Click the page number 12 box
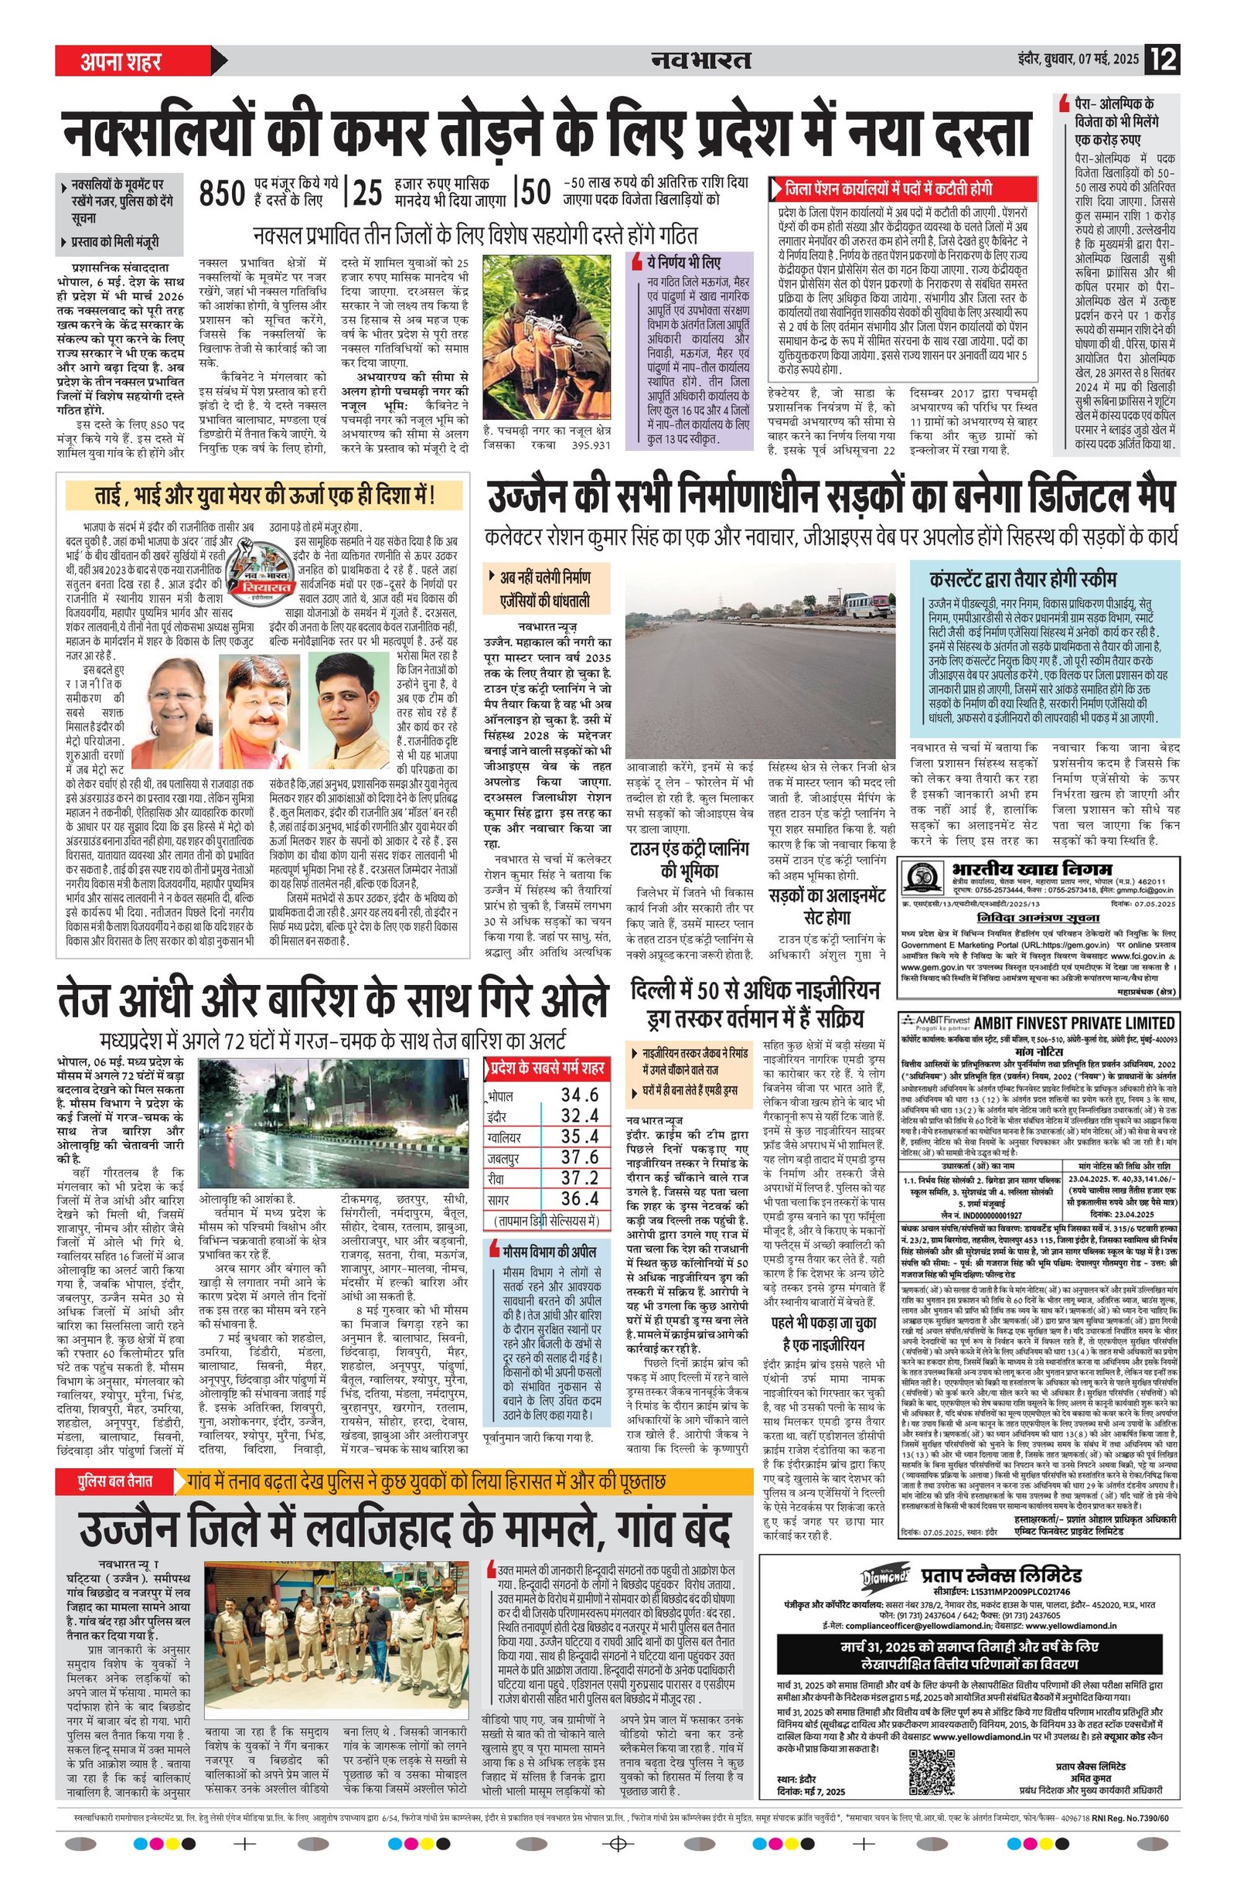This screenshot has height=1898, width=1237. pos(1162,60)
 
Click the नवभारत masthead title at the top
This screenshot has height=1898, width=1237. pos(701,60)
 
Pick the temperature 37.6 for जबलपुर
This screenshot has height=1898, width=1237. pos(579,1157)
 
